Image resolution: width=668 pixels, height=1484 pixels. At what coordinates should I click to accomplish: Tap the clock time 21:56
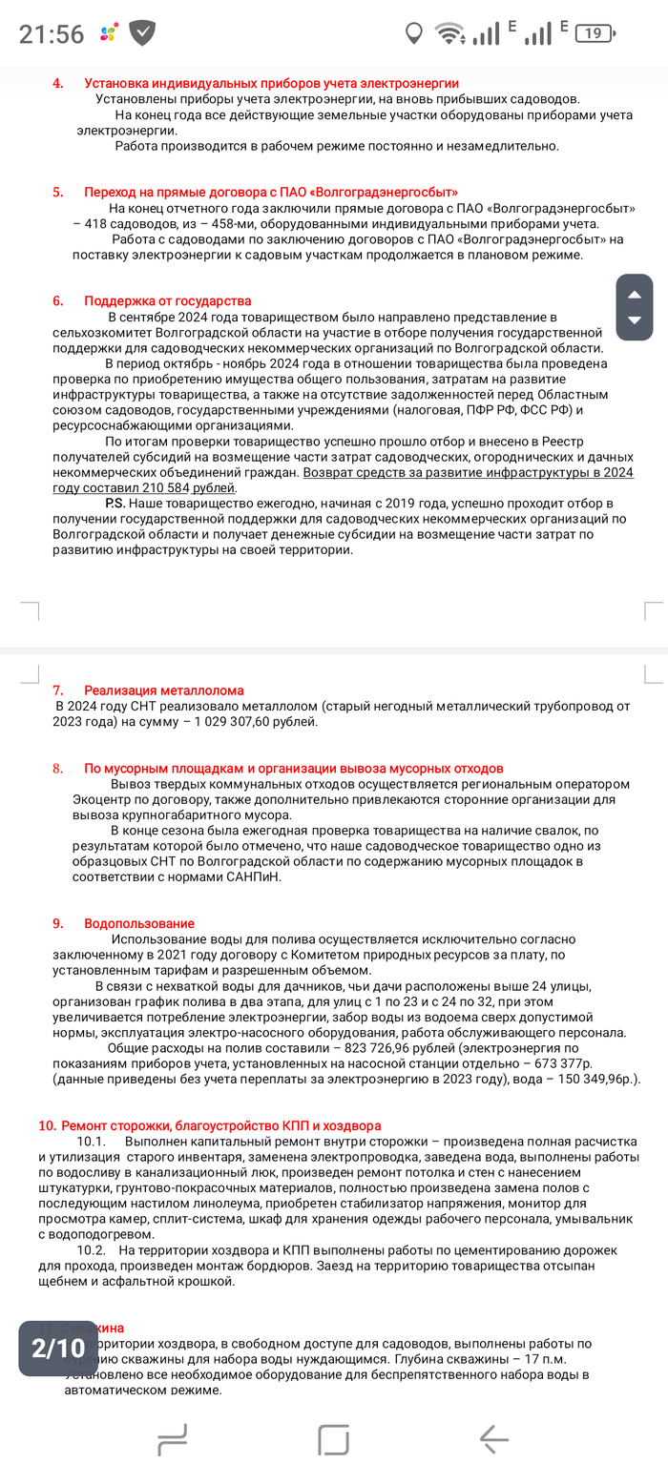52,34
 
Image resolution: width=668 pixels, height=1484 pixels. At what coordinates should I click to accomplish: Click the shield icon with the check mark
143,33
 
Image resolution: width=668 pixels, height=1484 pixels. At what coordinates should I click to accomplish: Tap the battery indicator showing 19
595,33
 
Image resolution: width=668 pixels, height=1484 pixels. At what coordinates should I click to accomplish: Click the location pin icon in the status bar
413,34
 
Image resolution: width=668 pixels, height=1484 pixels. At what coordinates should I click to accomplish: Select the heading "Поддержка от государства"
167,300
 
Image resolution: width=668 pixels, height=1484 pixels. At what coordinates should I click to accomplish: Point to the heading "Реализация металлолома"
163,690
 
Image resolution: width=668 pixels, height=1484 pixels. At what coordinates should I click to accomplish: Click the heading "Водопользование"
138,923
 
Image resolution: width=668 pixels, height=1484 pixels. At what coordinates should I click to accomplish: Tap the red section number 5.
58,192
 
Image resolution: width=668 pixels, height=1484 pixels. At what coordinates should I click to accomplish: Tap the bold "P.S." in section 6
115,502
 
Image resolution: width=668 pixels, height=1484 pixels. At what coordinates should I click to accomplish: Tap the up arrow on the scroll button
634,295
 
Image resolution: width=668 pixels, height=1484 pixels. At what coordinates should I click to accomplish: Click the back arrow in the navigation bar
494,1438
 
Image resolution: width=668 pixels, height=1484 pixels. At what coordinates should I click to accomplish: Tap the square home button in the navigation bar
334,1438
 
